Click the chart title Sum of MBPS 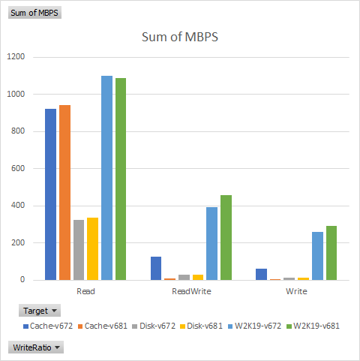[180, 38]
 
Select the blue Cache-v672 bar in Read [50, 194]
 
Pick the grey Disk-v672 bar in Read [79, 250]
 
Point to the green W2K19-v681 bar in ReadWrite [226, 237]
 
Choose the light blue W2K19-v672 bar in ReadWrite [212, 243]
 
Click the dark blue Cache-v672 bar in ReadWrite [156, 268]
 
